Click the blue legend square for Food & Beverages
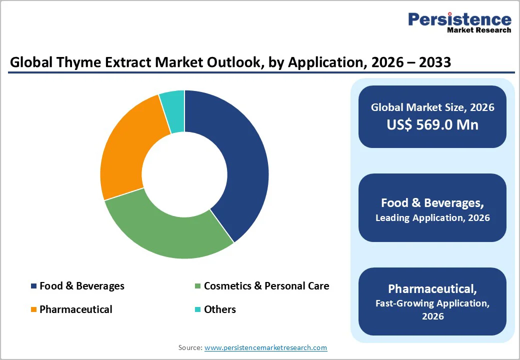tap(33, 286)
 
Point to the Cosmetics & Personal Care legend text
tap(266, 286)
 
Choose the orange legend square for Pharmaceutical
tap(33, 309)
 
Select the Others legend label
tap(219, 309)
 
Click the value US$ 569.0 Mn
tap(432, 124)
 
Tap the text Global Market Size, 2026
tap(432, 107)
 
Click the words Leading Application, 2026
tap(432, 218)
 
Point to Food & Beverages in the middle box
tap(432, 202)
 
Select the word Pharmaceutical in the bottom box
tap(432, 289)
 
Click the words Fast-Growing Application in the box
tap(425, 303)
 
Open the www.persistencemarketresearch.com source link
tap(265, 347)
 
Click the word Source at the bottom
tap(190, 347)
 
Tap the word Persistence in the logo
tap(459, 19)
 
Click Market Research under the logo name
tap(479, 30)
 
